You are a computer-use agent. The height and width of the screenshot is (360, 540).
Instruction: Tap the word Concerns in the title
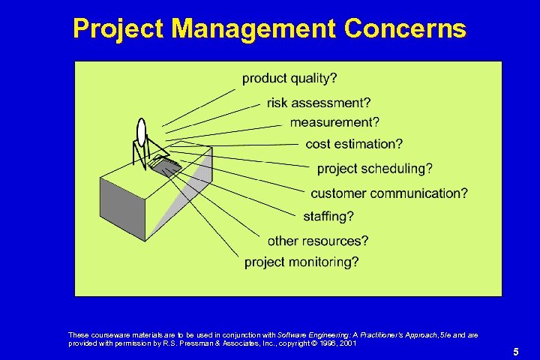tap(405, 28)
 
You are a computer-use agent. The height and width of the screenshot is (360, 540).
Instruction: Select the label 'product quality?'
tap(289, 78)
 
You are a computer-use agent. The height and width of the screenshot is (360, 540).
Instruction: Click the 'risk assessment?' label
tap(318, 103)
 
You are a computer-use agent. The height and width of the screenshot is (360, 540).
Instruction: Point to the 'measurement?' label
tap(334, 122)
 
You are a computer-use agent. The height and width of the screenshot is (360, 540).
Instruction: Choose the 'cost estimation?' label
tap(354, 143)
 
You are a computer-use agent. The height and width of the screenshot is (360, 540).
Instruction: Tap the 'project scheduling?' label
tap(374, 168)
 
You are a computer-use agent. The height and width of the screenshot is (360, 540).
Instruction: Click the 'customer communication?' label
tap(389, 193)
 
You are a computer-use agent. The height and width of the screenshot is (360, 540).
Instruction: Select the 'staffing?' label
tap(328, 216)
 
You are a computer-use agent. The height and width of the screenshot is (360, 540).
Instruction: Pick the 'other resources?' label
tap(318, 241)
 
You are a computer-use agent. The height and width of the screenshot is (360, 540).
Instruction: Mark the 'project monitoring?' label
tap(301, 262)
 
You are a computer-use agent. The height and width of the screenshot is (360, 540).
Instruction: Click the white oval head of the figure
tap(140, 133)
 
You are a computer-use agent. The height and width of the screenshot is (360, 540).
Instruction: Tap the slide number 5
tap(515, 351)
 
